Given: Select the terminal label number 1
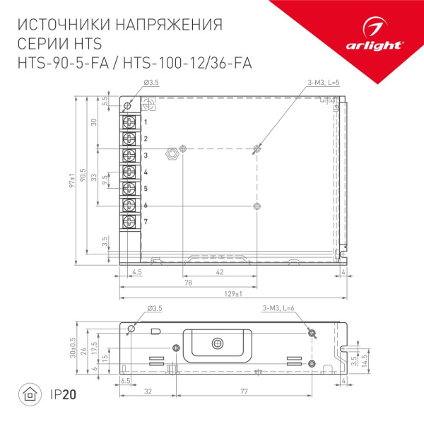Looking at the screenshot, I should click(146, 122).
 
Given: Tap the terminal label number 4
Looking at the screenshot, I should click(146, 172).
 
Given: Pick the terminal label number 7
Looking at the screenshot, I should click(146, 222).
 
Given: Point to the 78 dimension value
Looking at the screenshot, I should click(187, 282).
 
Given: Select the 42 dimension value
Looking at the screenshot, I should click(220, 271).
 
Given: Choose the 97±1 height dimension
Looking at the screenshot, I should click(73, 177).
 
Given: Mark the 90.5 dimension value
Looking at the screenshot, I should click(83, 177).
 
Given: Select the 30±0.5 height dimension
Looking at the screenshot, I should click(74, 348).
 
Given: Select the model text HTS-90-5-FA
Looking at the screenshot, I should click(59, 63).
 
